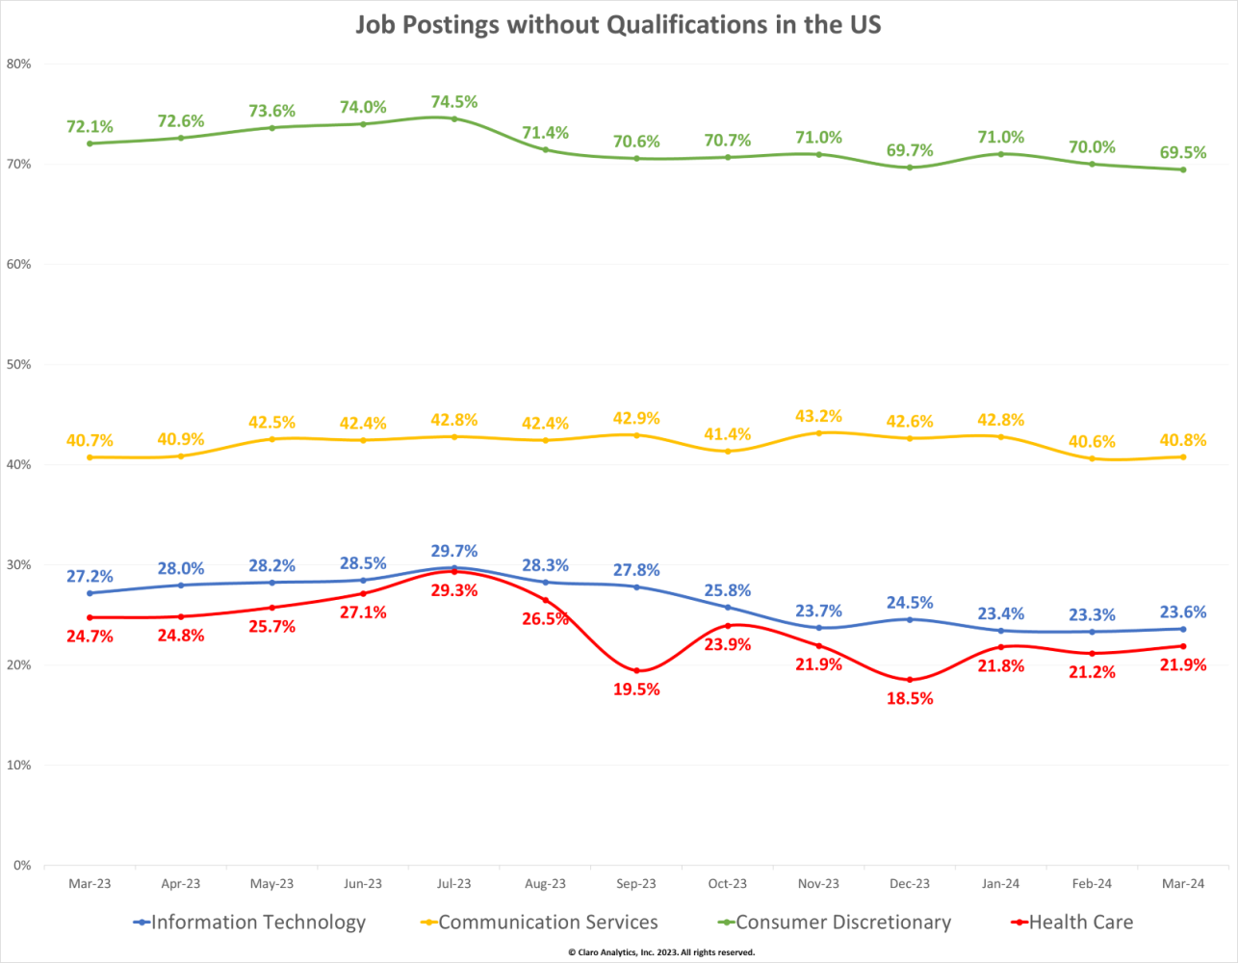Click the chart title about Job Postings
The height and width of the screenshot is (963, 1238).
(618, 25)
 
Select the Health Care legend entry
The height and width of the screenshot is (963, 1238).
(1080, 923)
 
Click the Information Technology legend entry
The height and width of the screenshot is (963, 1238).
(258, 923)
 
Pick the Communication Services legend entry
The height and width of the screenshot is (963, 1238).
(548, 923)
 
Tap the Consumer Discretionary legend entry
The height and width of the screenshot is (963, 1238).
(843, 923)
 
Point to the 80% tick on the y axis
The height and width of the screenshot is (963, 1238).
(19, 65)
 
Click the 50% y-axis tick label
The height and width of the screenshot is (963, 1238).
(19, 365)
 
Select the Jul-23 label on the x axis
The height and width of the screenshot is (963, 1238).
(454, 884)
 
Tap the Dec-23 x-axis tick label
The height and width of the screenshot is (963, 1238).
(910, 884)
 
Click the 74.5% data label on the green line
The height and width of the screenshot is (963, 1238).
(454, 102)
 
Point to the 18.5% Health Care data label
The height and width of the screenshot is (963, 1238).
(910, 699)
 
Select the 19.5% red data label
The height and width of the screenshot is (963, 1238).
(636, 690)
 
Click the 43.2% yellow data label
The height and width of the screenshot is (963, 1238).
(818, 416)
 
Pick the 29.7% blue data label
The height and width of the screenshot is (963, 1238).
(454, 552)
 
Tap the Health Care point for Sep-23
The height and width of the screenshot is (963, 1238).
(636, 670)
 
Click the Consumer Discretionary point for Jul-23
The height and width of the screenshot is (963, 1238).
(454, 118)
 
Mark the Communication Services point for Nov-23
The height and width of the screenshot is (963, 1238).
(819, 433)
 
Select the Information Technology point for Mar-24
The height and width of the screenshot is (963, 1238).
(1183, 629)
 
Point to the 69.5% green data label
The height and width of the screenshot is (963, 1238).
(1183, 153)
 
